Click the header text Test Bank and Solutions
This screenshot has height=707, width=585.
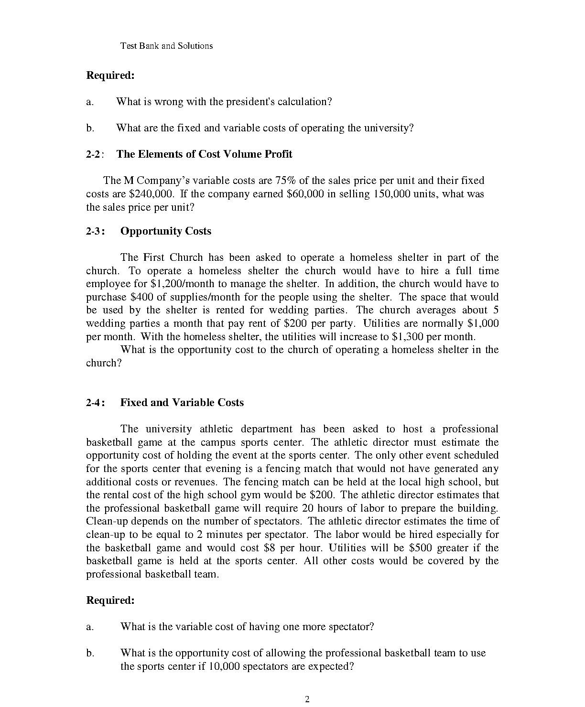tap(166, 46)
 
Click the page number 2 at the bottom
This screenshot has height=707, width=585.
tap(307, 699)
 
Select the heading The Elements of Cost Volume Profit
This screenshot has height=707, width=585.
tap(204, 154)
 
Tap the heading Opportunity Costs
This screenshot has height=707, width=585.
tap(165, 231)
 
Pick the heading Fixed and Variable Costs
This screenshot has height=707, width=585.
tap(182, 403)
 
